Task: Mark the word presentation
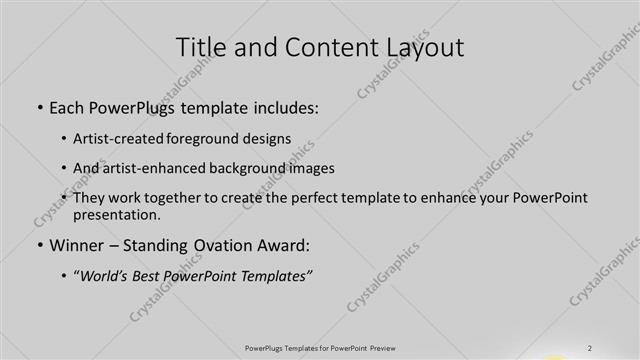tap(116, 214)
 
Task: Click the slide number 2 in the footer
tap(591, 348)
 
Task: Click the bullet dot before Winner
tap(39, 245)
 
